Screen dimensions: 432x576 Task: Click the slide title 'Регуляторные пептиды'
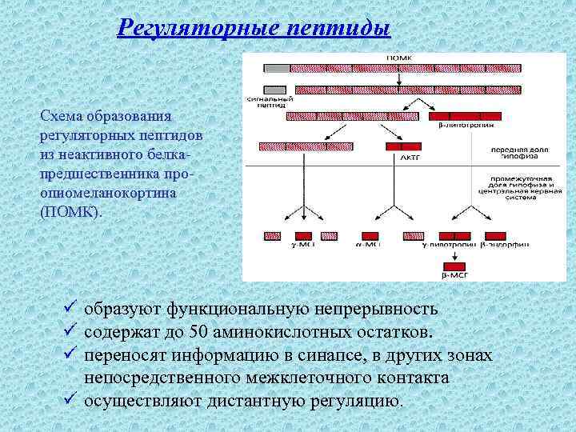tap(254, 28)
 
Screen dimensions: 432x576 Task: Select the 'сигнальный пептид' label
tap(274, 102)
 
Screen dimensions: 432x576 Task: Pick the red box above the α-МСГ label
tap(370, 236)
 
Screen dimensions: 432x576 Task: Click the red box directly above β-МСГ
tap(455, 266)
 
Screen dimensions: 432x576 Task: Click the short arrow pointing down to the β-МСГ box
tap(455, 254)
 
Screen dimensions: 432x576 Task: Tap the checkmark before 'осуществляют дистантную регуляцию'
tap(70, 400)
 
